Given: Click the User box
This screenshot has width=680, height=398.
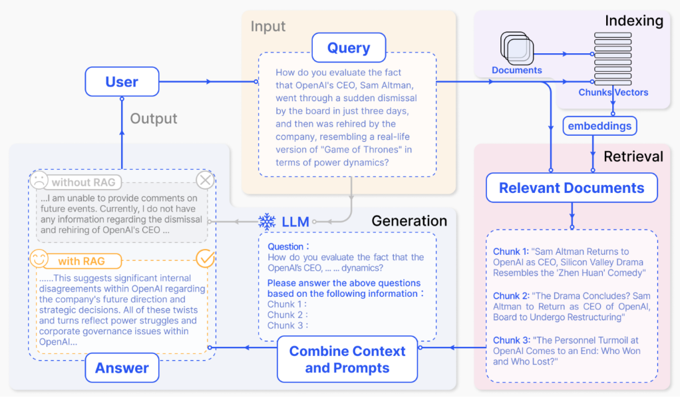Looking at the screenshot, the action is [x=122, y=82].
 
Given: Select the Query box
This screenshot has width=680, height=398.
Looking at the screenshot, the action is [x=349, y=47].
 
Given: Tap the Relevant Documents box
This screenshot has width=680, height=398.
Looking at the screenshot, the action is [x=572, y=188].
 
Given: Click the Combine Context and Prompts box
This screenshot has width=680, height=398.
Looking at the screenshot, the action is [x=347, y=359].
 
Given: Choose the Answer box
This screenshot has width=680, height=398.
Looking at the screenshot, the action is [x=122, y=367].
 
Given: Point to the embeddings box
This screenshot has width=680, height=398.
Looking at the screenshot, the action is [x=599, y=126].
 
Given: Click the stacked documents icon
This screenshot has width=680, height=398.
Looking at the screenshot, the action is [x=517, y=48].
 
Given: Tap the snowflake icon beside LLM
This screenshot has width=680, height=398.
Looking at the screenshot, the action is [x=267, y=222].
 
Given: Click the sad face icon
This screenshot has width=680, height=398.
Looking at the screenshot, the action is [x=39, y=180].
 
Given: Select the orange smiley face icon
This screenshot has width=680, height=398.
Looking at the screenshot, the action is [x=39, y=259].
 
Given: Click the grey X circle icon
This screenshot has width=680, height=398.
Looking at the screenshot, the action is [x=205, y=180].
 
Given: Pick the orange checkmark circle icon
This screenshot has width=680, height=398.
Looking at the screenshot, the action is [x=205, y=258].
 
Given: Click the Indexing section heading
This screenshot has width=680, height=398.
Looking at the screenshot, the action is [x=634, y=21].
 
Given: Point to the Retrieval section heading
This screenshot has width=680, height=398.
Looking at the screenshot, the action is [x=633, y=156].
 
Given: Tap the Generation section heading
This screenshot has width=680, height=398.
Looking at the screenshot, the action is [x=409, y=221].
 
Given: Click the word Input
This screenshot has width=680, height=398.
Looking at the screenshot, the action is [x=268, y=27].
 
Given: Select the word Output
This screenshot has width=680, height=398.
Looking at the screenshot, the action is [x=154, y=118].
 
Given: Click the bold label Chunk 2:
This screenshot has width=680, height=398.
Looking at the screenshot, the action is [x=511, y=296].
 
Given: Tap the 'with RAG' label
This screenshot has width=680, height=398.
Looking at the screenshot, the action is [x=82, y=262].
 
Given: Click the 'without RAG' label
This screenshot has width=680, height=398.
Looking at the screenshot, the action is [x=84, y=182].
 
